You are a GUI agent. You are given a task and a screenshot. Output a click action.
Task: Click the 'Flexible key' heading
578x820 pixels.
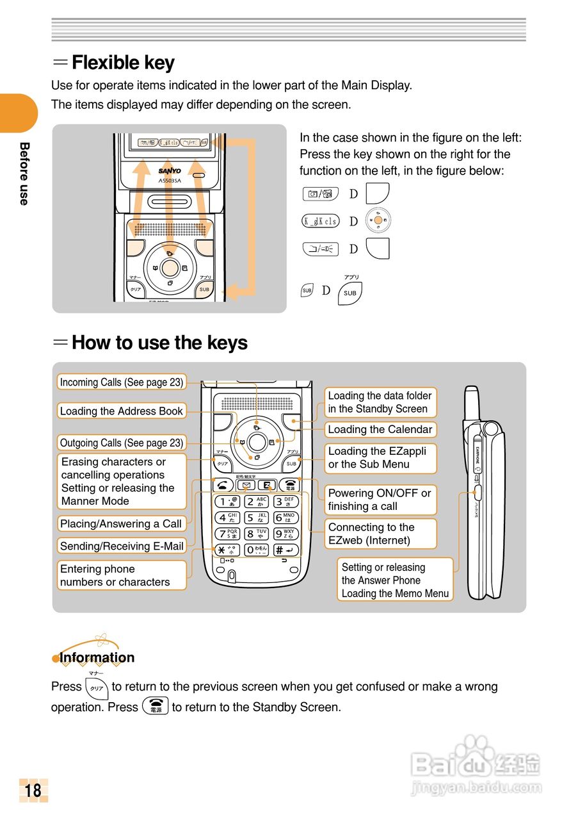pyautogui.click(x=123, y=63)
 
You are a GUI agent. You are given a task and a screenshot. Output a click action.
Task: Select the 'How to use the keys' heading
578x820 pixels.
pyautogui.click(x=159, y=343)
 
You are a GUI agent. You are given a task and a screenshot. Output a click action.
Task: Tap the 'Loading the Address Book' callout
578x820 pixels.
pyautogui.click(x=122, y=411)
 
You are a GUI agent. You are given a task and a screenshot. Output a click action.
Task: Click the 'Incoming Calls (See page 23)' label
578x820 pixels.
pyautogui.click(x=122, y=382)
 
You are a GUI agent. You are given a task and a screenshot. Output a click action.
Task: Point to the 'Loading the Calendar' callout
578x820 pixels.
pyautogui.click(x=380, y=429)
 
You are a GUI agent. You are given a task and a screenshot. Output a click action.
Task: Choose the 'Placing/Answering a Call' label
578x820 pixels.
pyautogui.click(x=121, y=523)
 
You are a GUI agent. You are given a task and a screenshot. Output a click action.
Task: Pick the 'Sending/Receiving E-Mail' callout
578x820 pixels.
pyautogui.click(x=122, y=546)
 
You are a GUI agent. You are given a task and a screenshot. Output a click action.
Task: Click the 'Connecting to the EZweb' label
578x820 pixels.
pyautogui.click(x=380, y=534)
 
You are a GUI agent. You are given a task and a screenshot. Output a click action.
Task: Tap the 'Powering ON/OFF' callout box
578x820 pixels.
pyautogui.click(x=380, y=500)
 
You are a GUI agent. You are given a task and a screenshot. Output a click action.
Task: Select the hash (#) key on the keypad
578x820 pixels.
pyautogui.click(x=286, y=550)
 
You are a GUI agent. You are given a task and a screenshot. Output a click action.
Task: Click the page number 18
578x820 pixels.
pyautogui.click(x=33, y=790)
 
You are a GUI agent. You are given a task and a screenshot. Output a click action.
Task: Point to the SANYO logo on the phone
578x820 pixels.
pyautogui.click(x=170, y=171)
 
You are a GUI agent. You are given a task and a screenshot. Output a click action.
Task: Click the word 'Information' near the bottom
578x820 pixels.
pyautogui.click(x=97, y=657)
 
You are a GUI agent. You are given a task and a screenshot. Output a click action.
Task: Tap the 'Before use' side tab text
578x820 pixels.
pyautogui.click(x=24, y=173)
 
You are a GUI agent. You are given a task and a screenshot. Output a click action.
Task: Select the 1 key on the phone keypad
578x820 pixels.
pyautogui.click(x=227, y=502)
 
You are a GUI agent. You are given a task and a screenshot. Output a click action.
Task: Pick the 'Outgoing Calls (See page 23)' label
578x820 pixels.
pyautogui.click(x=122, y=443)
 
